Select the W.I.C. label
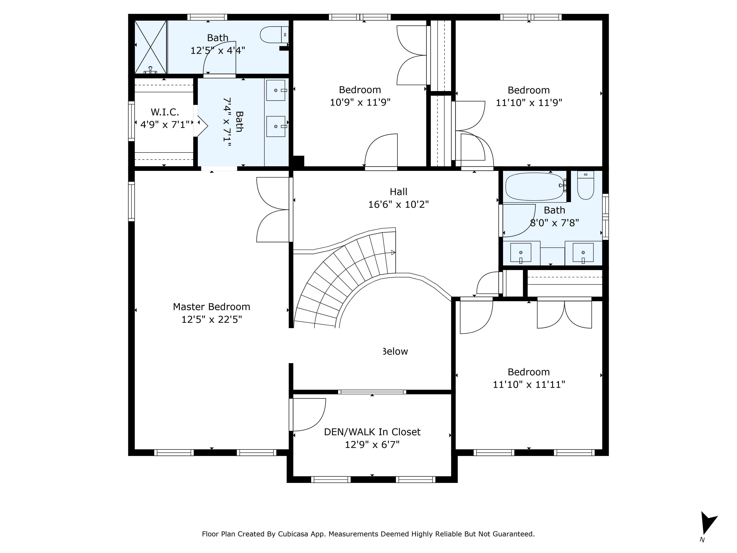point(165,112)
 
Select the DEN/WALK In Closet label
point(372,432)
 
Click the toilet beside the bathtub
point(585,185)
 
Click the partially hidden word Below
point(395,351)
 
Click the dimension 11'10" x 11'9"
point(529,103)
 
